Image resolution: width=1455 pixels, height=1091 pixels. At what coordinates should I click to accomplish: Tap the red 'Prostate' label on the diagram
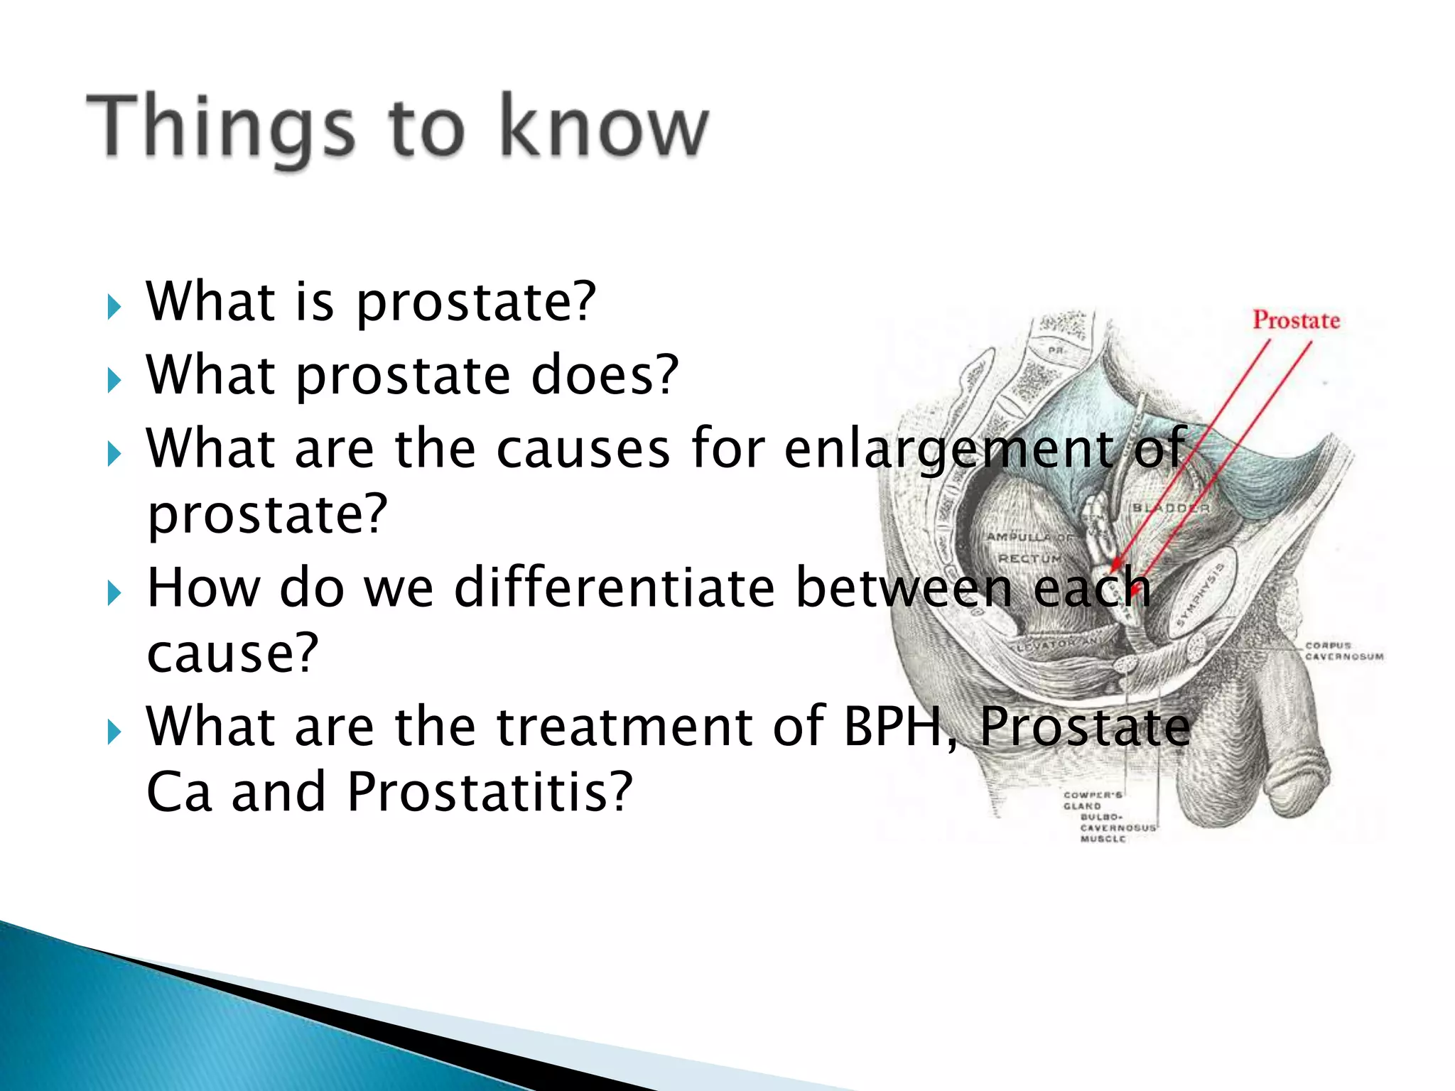(x=1296, y=320)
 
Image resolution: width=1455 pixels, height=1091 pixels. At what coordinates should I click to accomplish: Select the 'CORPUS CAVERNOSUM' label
(x=1343, y=651)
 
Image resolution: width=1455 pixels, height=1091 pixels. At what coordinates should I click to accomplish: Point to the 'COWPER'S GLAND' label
(x=1091, y=800)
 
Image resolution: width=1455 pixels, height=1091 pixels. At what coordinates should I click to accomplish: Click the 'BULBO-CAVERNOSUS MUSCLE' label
(x=1118, y=827)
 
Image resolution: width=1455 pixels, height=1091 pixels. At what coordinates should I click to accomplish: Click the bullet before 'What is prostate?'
(x=114, y=308)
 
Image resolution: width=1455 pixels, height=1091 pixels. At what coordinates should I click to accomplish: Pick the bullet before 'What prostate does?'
(x=114, y=381)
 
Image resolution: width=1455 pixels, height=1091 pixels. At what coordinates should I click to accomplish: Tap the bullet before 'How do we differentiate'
(x=114, y=593)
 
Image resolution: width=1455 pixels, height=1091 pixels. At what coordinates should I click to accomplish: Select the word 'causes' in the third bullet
(x=583, y=448)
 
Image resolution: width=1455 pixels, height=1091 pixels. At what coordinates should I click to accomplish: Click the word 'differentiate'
(x=614, y=587)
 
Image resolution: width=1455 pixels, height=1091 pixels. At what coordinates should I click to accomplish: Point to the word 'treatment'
(x=624, y=727)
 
